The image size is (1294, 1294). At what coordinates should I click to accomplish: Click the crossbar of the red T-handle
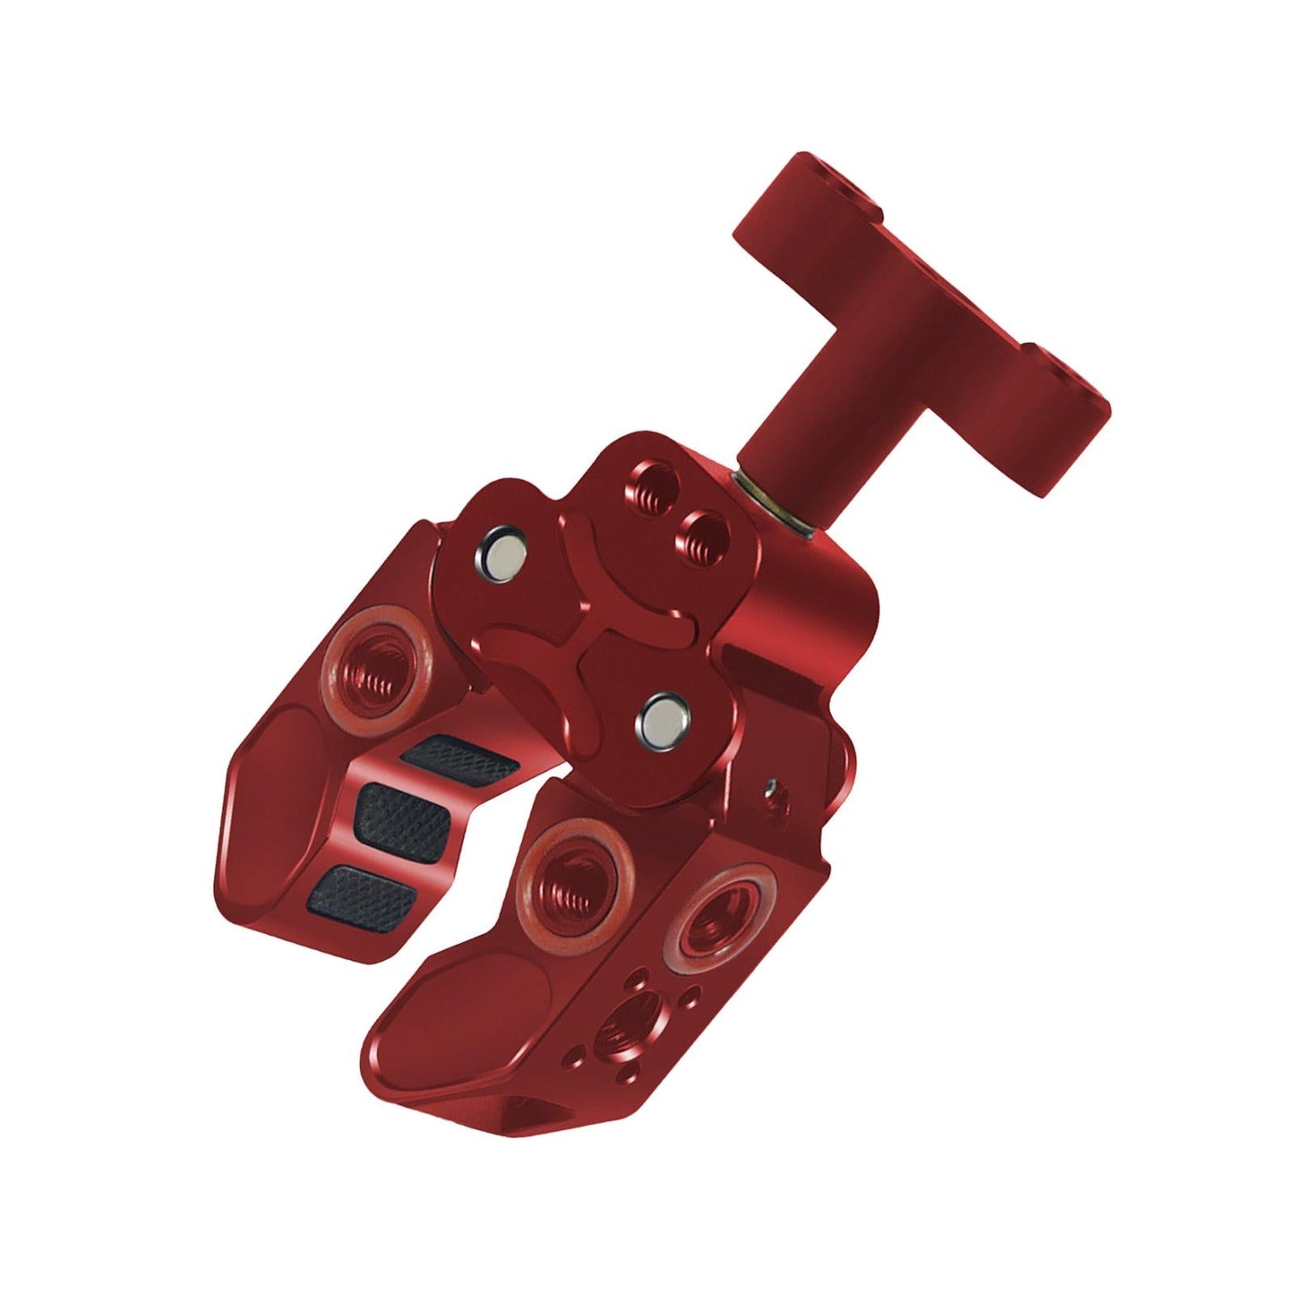[922, 296]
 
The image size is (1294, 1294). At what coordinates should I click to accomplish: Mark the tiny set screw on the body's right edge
[769, 788]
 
